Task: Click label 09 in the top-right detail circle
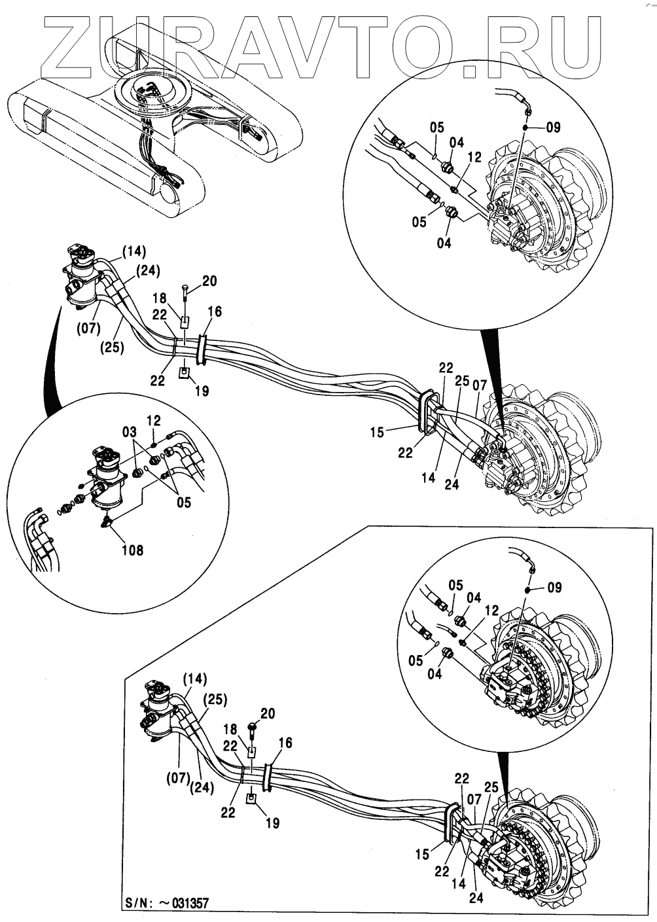[553, 128]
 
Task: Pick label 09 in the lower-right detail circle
[554, 587]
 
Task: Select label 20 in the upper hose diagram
[209, 281]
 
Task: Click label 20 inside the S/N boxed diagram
[268, 713]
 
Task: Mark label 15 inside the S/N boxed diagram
[423, 854]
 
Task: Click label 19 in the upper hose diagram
[202, 391]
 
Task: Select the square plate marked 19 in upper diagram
[185, 373]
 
